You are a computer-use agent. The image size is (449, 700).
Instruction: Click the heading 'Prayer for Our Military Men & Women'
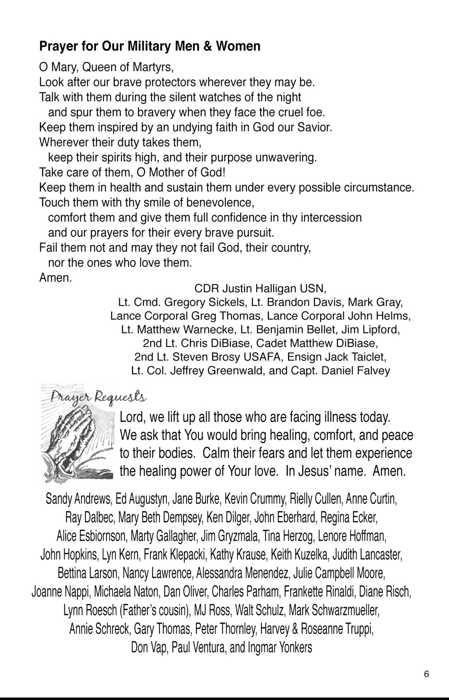click(x=150, y=46)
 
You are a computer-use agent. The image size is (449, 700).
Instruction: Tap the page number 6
click(x=427, y=674)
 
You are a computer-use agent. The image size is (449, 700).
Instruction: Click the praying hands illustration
click(x=76, y=443)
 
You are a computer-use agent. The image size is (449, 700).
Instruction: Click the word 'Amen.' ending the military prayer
click(x=55, y=278)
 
